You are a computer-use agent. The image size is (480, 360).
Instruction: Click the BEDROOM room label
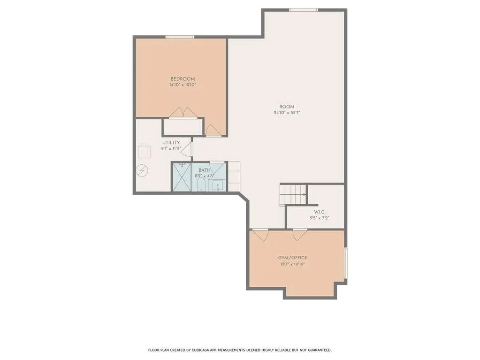(x=183, y=79)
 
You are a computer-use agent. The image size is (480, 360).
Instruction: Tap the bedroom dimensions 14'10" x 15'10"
(x=183, y=85)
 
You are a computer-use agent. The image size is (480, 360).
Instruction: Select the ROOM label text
(x=287, y=107)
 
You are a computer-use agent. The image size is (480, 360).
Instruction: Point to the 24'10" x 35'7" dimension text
(x=287, y=112)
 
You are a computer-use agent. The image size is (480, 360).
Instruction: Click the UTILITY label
(x=171, y=143)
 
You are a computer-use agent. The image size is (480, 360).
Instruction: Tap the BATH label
(x=205, y=170)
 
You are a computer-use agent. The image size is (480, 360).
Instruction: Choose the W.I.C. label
(x=320, y=212)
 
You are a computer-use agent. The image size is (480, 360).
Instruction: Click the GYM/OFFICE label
(x=292, y=258)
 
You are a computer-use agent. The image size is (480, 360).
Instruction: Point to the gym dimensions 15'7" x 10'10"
(x=292, y=264)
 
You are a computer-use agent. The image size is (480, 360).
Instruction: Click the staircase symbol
(x=293, y=194)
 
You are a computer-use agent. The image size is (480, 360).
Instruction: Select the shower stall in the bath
(x=182, y=177)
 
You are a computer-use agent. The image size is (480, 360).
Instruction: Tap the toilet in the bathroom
(x=201, y=185)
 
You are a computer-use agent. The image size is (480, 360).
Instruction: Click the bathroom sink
(x=218, y=185)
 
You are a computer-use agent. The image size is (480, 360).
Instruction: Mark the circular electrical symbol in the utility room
(x=142, y=171)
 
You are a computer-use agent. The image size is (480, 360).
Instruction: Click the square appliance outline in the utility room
(x=144, y=152)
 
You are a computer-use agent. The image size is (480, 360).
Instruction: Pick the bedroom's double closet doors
(x=183, y=112)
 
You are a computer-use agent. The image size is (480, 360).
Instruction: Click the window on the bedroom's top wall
(x=180, y=37)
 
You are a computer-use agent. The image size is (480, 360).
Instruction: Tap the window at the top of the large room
(x=304, y=10)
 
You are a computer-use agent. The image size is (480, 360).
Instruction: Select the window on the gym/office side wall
(x=346, y=263)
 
